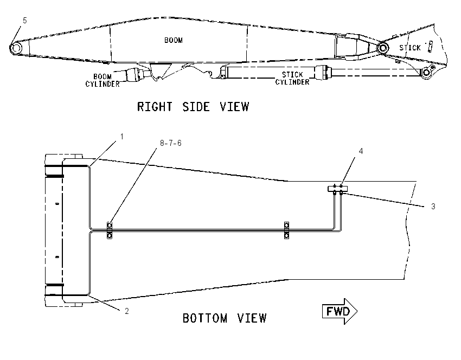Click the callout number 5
coord(25,21)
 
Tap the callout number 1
coord(121,137)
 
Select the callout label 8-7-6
coord(170,143)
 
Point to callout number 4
coord(361,151)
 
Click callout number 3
coord(433,207)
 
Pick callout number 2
coord(127,311)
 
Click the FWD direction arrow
coord(340,311)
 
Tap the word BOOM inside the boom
coord(174,40)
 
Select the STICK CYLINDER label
coord(292,78)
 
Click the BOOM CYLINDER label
coord(103,80)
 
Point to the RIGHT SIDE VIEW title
coord(193,107)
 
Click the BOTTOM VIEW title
coord(225,318)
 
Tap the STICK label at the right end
coord(410,48)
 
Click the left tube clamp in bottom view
coord(110,230)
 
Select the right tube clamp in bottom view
coord(286,230)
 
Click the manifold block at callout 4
coord(338,188)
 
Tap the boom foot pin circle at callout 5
coord(16,48)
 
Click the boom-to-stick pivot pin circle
coord(383,48)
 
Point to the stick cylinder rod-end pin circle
coord(426,72)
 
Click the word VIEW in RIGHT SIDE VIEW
coord(235,107)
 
